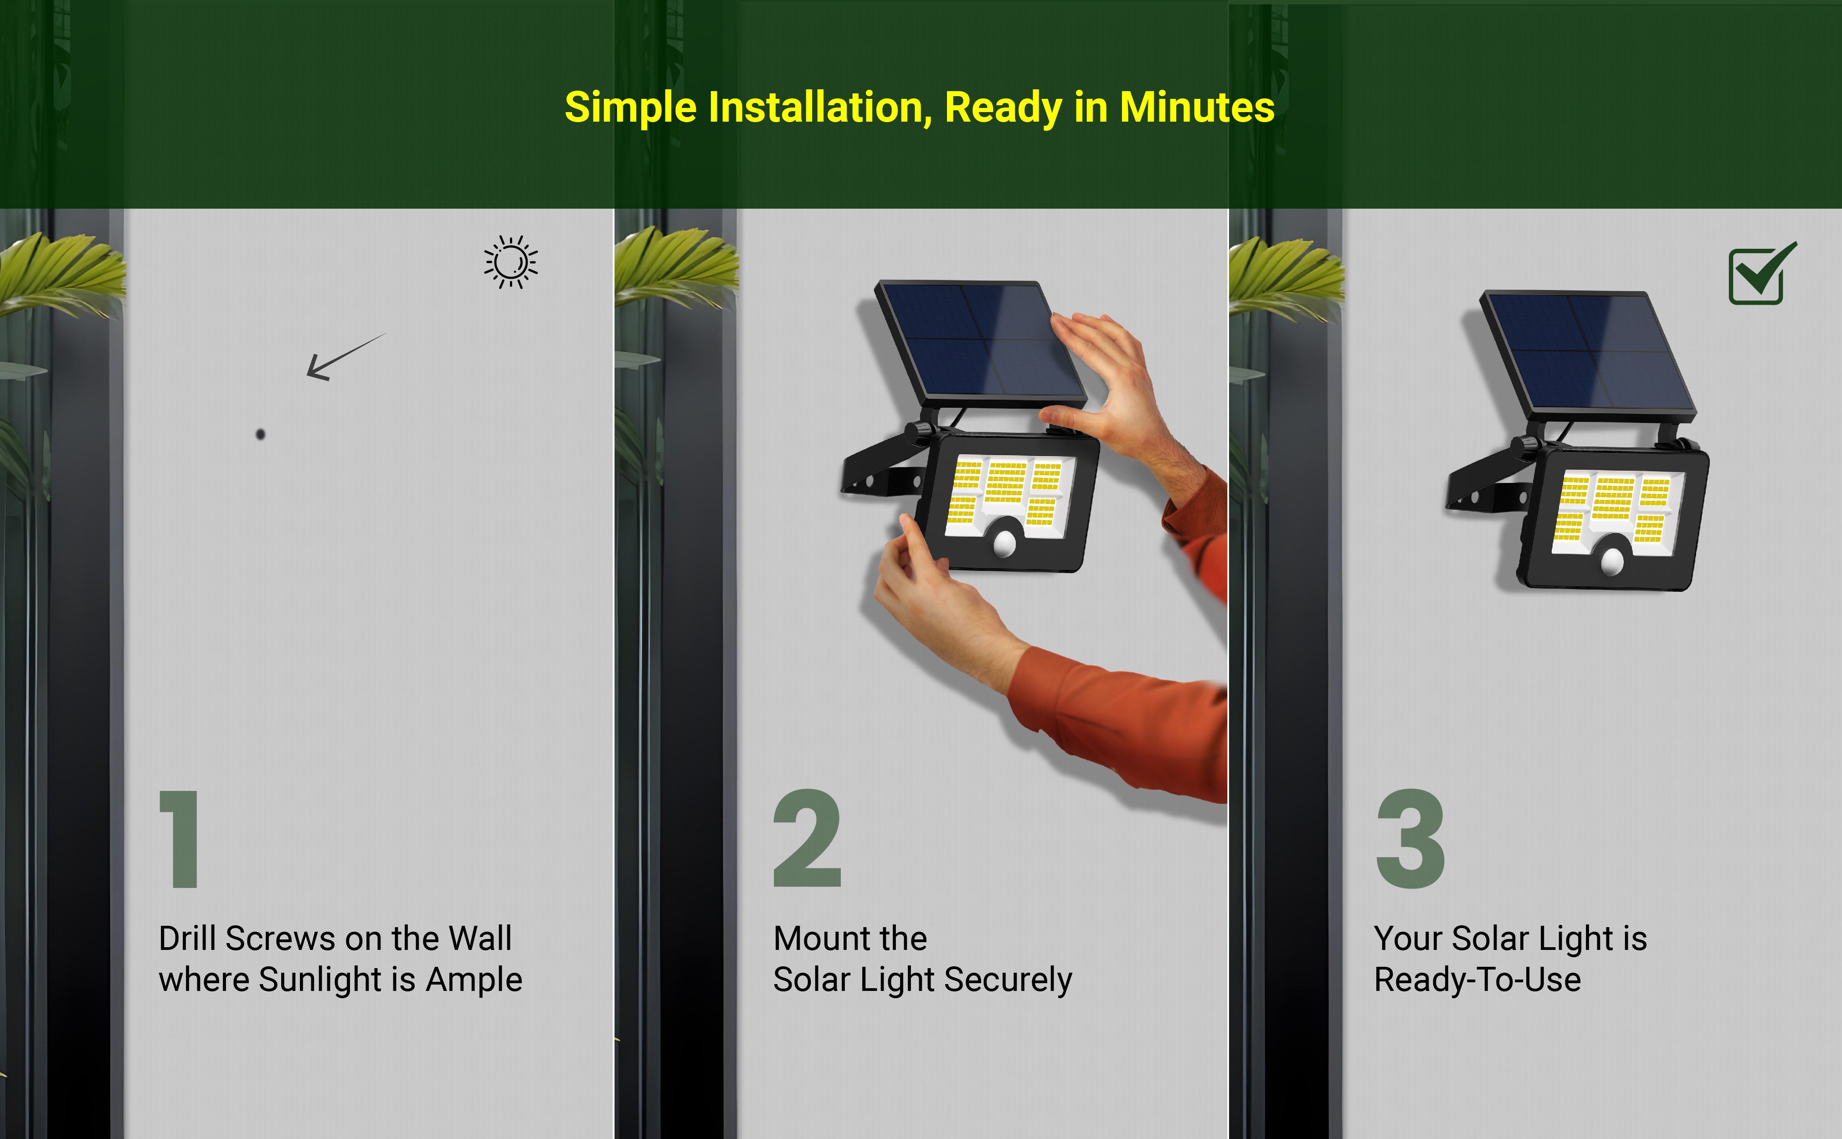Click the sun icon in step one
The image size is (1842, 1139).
[x=511, y=262]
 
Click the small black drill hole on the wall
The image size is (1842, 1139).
[x=261, y=434]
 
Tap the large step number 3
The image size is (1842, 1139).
[x=1410, y=839]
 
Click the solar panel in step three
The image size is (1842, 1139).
[x=1587, y=354]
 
